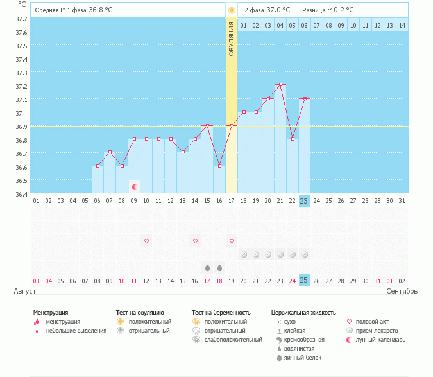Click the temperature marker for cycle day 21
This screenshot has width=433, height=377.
280,85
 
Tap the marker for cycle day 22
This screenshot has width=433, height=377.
293,139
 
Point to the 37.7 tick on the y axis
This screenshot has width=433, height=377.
21,19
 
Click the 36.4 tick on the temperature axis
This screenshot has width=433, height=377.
21,193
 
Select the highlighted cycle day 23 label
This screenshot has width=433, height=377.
304,200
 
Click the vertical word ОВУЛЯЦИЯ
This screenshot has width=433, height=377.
232,38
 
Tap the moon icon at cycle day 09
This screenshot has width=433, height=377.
135,187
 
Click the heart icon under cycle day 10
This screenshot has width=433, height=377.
146,241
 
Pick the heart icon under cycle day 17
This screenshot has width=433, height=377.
232,241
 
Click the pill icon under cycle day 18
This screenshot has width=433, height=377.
244,254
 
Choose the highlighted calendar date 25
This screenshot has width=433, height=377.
304,281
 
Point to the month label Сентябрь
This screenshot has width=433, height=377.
402,291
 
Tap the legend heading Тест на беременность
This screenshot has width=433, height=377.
220,313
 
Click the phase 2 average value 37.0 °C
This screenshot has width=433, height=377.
278,10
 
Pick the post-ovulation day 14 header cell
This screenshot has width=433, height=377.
402,25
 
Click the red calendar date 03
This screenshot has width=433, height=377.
36,281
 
